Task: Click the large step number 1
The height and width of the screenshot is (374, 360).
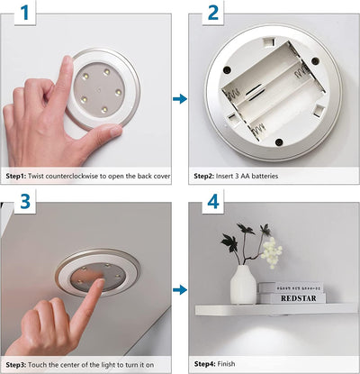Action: coord(25,14)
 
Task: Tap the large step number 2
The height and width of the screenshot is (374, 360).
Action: coord(213,14)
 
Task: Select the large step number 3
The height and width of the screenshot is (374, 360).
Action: coord(25,201)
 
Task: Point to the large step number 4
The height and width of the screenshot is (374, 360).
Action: coord(213,201)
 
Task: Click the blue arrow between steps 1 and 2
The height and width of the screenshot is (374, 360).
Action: coord(180,99)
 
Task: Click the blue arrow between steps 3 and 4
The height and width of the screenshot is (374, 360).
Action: coord(180,290)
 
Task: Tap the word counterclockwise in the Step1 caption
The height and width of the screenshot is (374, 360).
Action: coord(71,176)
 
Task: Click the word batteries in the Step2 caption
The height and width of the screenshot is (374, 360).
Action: coord(265,176)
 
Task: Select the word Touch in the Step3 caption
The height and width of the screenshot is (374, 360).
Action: coord(37,365)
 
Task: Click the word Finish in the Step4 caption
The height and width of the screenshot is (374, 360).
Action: coord(226,364)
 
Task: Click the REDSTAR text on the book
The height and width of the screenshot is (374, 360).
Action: coord(299,298)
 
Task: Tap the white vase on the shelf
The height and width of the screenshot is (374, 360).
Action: coord(243,284)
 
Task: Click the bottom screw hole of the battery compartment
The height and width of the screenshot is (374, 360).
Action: coord(279,142)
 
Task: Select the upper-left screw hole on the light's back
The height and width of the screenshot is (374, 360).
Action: coord(227,70)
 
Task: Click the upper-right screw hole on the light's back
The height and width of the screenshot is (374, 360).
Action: coord(315,61)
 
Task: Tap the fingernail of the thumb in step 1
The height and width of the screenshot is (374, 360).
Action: coord(115,131)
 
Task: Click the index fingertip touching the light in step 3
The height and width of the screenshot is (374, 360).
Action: coord(100,282)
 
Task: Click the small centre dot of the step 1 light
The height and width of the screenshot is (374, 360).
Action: coord(99,89)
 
